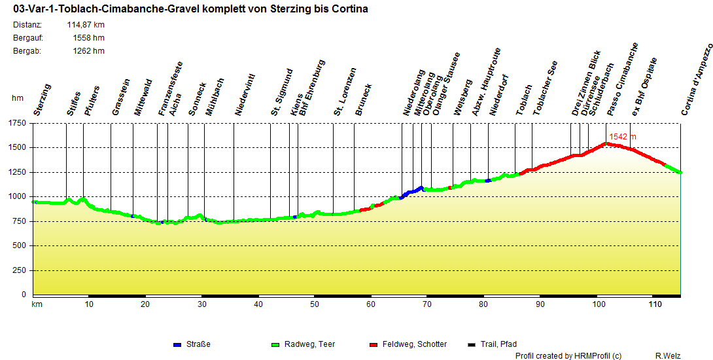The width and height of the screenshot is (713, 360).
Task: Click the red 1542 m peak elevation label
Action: coord(622,137)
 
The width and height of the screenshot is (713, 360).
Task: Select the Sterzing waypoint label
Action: coord(42,100)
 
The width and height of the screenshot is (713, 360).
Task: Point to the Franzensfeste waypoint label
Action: coord(170,89)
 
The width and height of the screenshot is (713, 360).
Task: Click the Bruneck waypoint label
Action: coord(363,99)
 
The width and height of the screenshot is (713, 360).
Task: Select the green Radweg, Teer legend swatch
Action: coord(275,344)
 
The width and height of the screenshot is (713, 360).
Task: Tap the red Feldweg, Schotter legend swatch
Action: coord(374,344)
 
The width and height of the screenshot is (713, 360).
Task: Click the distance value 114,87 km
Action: coord(85,25)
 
